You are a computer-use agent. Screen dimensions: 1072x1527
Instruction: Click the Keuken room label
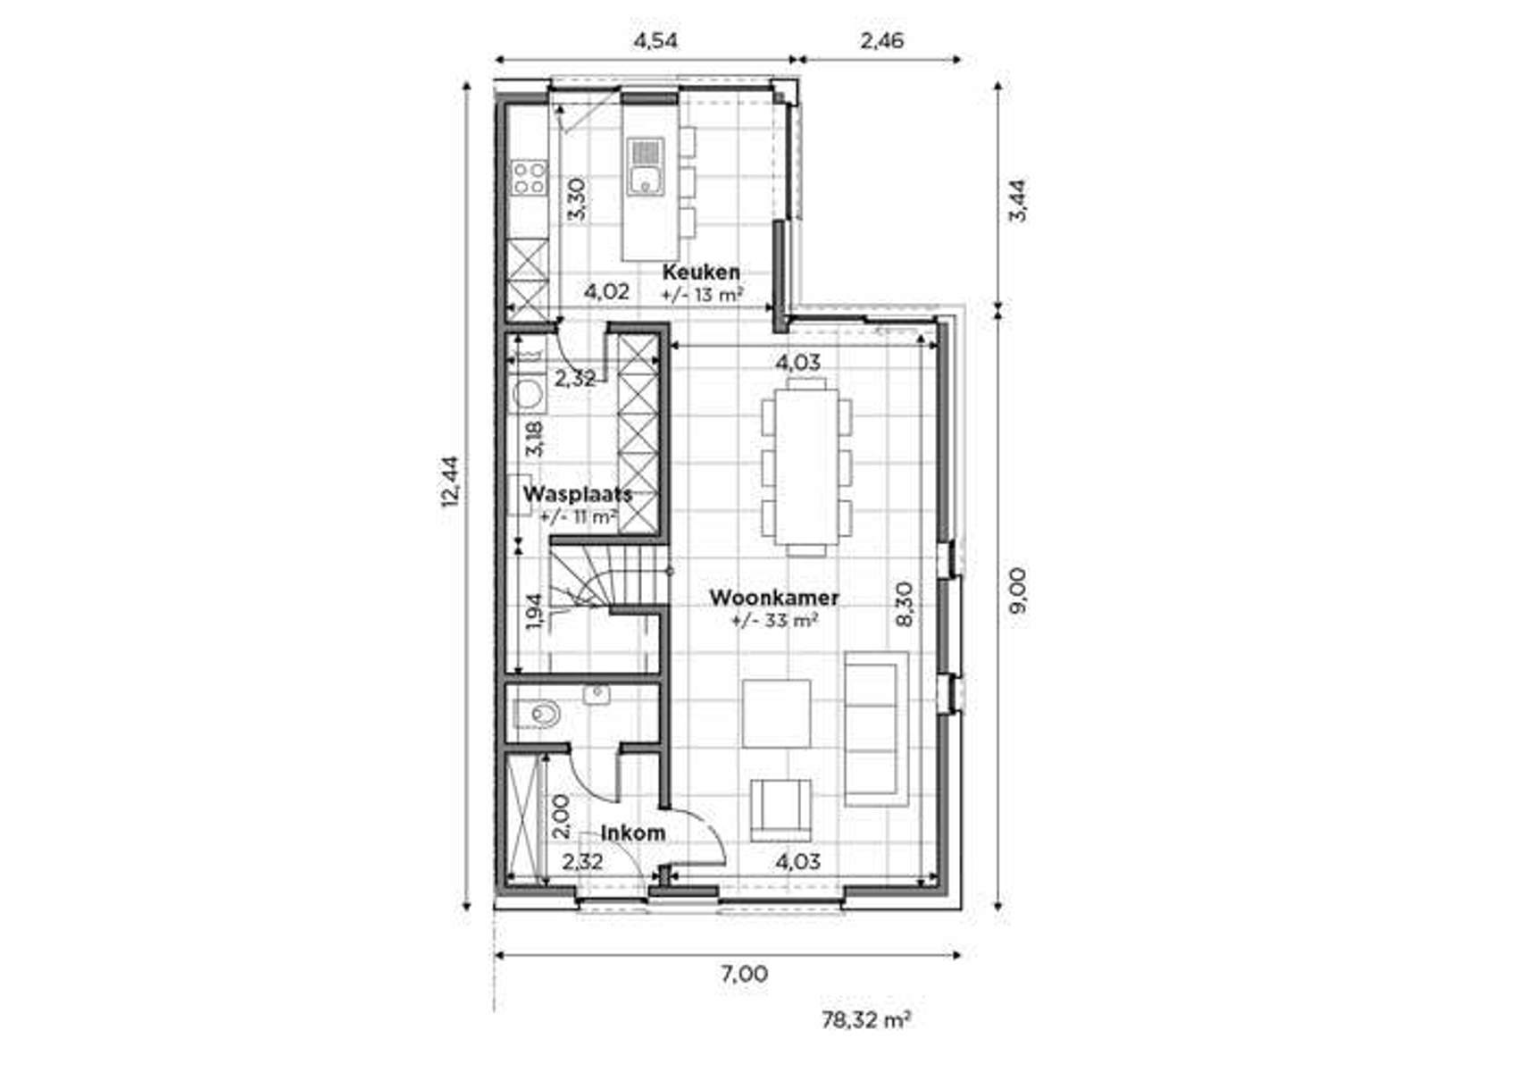[x=700, y=272]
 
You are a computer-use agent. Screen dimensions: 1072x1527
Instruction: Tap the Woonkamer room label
[x=773, y=598]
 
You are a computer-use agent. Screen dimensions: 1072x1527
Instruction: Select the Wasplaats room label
[x=577, y=494]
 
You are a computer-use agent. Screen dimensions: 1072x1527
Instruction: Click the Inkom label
[x=632, y=833]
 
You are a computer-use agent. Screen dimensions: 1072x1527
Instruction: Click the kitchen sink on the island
[x=645, y=167]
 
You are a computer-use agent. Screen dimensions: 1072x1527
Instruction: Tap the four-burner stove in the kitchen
[x=529, y=177]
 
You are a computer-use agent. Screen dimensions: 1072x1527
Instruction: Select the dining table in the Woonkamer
[x=806, y=465]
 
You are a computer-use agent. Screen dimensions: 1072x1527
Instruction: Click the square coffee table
[x=777, y=713]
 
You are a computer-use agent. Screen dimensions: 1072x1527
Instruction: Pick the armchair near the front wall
[x=780, y=808]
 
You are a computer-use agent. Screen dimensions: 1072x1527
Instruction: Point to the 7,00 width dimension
[x=744, y=974]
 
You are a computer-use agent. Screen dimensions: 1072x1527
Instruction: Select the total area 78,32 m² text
[x=865, y=1019]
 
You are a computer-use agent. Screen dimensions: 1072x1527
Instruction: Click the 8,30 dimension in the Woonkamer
[x=904, y=605]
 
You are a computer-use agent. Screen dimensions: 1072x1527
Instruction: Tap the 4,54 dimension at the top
[x=655, y=40]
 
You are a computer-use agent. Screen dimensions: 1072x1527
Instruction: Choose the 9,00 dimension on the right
[x=1017, y=590]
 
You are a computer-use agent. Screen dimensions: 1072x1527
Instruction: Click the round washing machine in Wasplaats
[x=529, y=394]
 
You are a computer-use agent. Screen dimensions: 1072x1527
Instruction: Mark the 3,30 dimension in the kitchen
[x=578, y=198]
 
